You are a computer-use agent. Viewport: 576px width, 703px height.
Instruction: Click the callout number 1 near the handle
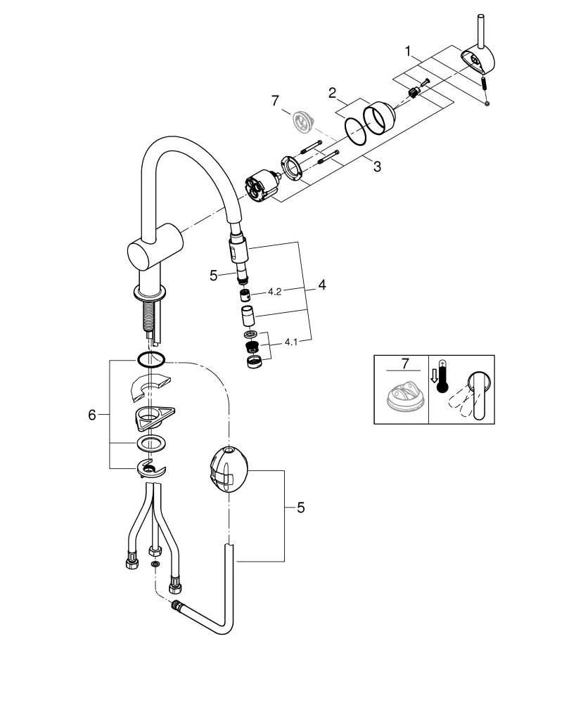coord(407,51)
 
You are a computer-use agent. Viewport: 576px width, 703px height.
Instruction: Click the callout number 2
coord(331,92)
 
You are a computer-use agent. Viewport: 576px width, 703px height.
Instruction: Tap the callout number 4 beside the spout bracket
coord(321,285)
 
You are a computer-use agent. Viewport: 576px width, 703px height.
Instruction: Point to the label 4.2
coord(274,292)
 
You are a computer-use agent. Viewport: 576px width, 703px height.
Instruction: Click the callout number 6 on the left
coord(91,415)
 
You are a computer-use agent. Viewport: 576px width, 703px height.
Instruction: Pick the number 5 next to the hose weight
coord(300,508)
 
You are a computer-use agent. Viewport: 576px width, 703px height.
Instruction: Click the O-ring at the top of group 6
coord(151,360)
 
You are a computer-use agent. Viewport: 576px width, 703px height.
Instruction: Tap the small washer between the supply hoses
coord(155,565)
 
